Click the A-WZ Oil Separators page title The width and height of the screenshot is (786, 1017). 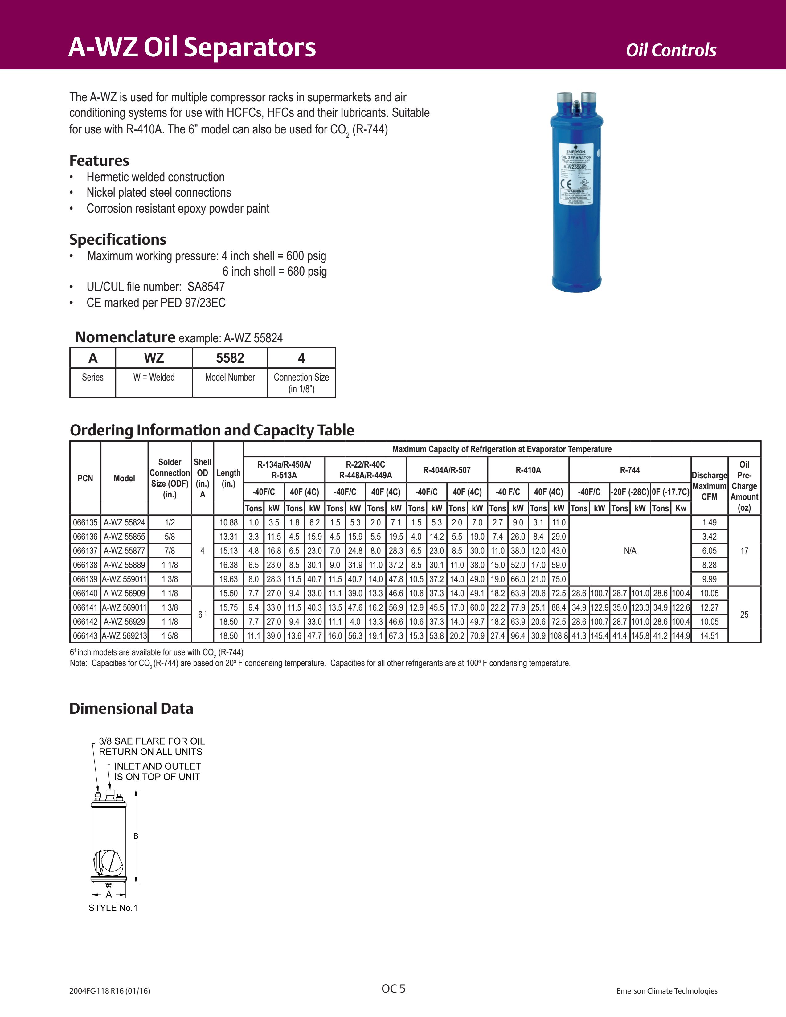tap(192, 47)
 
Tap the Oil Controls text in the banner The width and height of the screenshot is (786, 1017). tap(670, 50)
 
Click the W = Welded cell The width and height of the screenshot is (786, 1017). tap(154, 377)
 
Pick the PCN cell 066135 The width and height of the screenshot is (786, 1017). tap(85, 522)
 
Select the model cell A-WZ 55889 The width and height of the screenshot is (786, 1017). tap(124, 565)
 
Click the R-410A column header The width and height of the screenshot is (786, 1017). tap(528, 470)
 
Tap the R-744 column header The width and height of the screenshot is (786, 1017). tap(629, 470)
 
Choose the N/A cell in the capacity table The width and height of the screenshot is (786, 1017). tap(629, 551)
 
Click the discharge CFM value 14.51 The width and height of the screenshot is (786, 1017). tap(709, 635)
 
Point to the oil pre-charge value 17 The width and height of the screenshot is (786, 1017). tap(744, 551)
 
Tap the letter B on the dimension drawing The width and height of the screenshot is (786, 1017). tap(136, 836)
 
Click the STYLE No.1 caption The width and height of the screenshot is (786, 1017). tap(113, 908)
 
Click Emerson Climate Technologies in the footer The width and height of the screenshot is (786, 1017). tap(667, 991)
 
